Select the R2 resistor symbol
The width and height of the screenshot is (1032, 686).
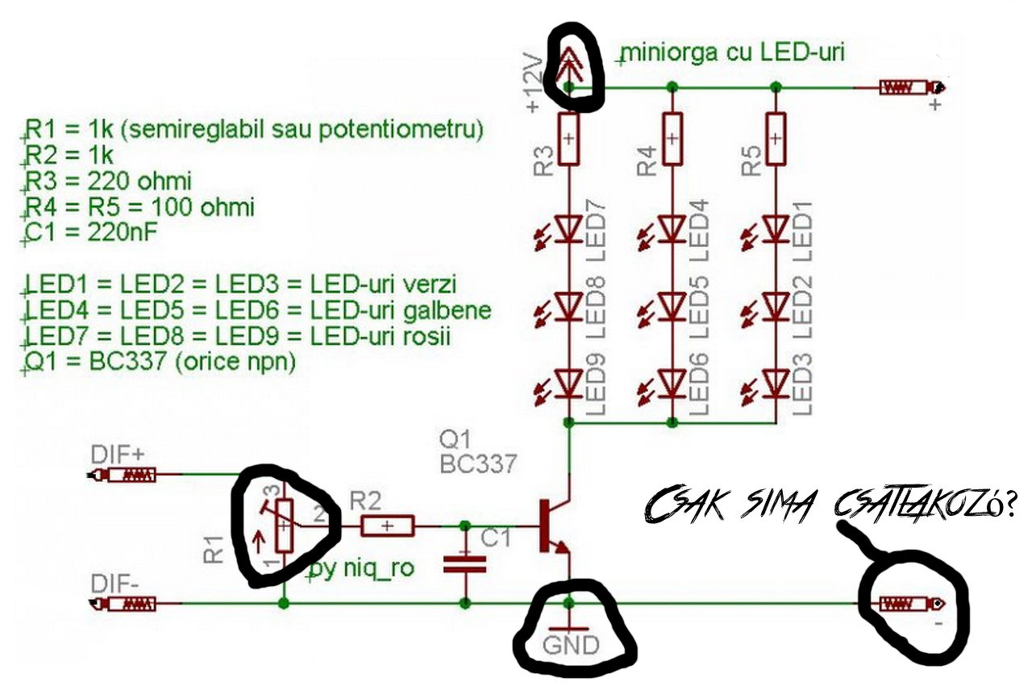click(388, 526)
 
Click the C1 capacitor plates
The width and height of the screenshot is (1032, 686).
click(465, 564)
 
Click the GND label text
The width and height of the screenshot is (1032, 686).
click(571, 645)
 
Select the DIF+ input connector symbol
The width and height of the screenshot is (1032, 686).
click(122, 475)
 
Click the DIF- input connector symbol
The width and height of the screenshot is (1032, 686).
click(122, 604)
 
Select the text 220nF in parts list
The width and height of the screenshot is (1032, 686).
click(122, 232)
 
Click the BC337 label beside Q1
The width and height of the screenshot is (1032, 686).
click(478, 464)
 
